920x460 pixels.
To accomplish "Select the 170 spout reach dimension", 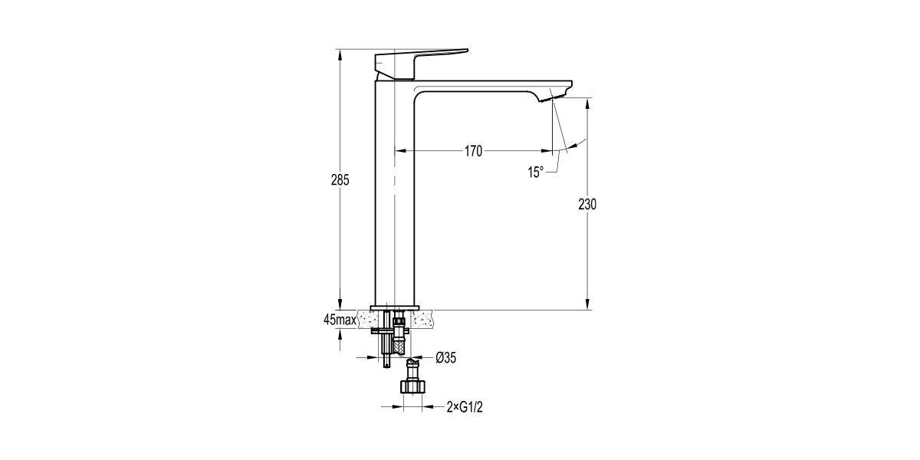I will [x=473, y=151].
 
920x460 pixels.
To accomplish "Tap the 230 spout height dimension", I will [x=588, y=204].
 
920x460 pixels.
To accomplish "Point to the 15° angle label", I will [x=535, y=172].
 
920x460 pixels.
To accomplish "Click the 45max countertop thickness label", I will [x=340, y=320].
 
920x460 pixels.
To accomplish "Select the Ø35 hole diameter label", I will [x=446, y=357].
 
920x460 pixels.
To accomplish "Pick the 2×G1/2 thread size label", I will [x=465, y=408].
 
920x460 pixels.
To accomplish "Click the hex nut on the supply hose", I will [x=412, y=386].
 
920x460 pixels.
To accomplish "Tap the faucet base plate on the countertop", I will [x=396, y=308].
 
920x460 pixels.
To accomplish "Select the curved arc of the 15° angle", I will [x=577, y=143].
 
